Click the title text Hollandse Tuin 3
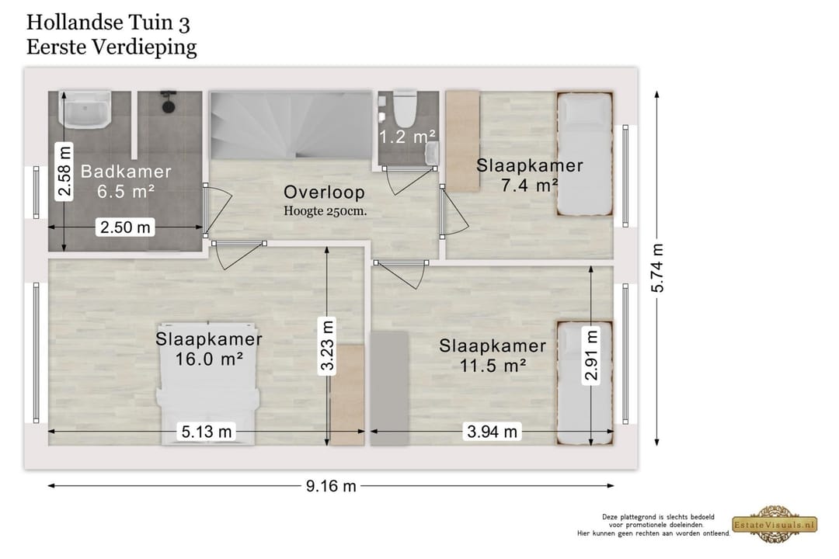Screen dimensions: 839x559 tap(108, 23)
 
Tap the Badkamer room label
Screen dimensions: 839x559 tap(127, 171)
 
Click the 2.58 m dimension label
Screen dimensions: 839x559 tap(64, 171)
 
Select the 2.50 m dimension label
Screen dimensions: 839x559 tap(125, 227)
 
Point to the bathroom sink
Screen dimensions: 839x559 tap(85, 109)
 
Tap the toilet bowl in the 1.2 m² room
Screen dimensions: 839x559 tap(405, 107)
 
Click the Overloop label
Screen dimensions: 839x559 tap(324, 192)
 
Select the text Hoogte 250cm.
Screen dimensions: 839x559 tap(326, 210)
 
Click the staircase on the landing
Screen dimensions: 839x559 tap(291, 125)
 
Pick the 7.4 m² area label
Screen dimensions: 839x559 tap(530, 186)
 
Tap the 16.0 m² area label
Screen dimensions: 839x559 tap(209, 359)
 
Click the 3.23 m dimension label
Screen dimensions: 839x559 tap(327, 344)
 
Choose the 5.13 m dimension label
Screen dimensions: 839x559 tap(207, 431)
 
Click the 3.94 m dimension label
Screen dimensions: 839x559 tap(493, 431)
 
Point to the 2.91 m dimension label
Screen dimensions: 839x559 tap(590, 355)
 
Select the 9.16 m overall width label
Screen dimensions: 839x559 tap(331, 486)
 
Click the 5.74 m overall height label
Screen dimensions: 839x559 tap(657, 268)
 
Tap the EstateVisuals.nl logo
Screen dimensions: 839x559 tap(775, 524)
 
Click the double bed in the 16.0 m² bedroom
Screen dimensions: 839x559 tap(208, 384)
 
